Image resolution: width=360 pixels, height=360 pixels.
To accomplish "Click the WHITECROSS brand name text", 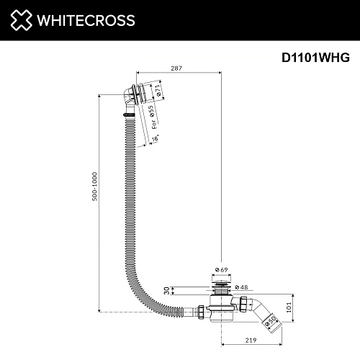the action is pos(86,20).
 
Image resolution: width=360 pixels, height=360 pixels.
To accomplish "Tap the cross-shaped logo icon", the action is pos(21,20).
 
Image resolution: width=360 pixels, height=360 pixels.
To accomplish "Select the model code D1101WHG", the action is pos(315,58).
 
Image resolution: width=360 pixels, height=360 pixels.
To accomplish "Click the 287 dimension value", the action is pos(176,68).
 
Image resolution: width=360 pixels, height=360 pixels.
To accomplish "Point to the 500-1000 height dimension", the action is pos(95,186).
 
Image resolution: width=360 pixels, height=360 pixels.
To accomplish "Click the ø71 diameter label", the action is pos(158,91).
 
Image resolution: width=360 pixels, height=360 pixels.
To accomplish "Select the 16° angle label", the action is pos(156,138).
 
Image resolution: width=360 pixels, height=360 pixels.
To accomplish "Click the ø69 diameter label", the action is pos(221,270).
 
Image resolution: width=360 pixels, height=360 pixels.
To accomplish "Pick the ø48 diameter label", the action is pos(241,287).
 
